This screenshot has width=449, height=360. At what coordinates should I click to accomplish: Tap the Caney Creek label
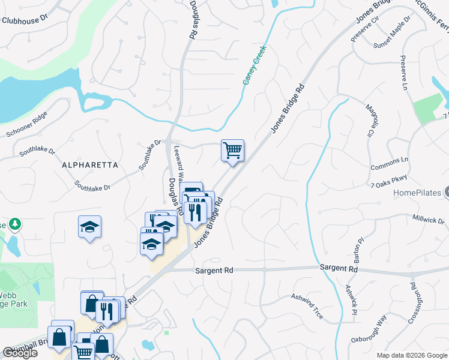point(254,69)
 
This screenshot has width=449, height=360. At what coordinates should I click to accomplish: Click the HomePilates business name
point(418,193)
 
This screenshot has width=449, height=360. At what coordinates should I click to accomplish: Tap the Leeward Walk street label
point(178,162)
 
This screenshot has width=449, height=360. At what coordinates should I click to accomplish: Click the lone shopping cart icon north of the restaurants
point(232,151)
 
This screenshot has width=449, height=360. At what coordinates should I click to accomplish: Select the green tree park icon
point(14,224)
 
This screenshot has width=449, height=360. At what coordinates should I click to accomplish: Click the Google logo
point(19,353)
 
